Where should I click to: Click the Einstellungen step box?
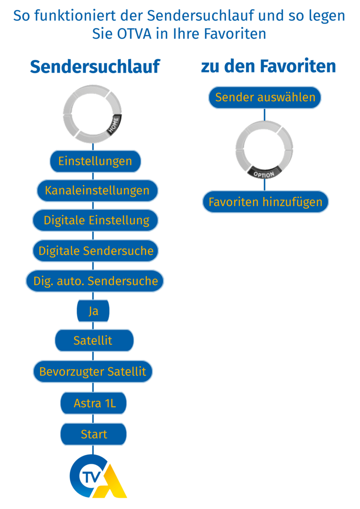pyautogui.click(x=95, y=161)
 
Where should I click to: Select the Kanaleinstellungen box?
pyautogui.click(x=97, y=190)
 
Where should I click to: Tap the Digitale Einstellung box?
pyautogui.click(x=96, y=220)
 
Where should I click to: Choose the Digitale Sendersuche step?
pyautogui.click(x=96, y=251)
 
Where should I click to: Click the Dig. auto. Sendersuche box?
pyautogui.click(x=95, y=281)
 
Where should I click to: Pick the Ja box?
pyautogui.click(x=93, y=312)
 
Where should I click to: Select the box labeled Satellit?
pyautogui.click(x=94, y=340)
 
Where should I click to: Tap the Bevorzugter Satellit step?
pyautogui.click(x=93, y=371)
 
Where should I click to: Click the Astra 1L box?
pyautogui.click(x=94, y=403)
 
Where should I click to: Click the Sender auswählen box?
pyautogui.click(x=265, y=98)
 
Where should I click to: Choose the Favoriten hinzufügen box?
pyautogui.click(x=265, y=202)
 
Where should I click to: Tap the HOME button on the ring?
pyautogui.click(x=114, y=124)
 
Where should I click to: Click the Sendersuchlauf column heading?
pyautogui.click(x=95, y=67)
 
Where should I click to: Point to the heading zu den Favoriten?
pyautogui.click(x=269, y=66)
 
